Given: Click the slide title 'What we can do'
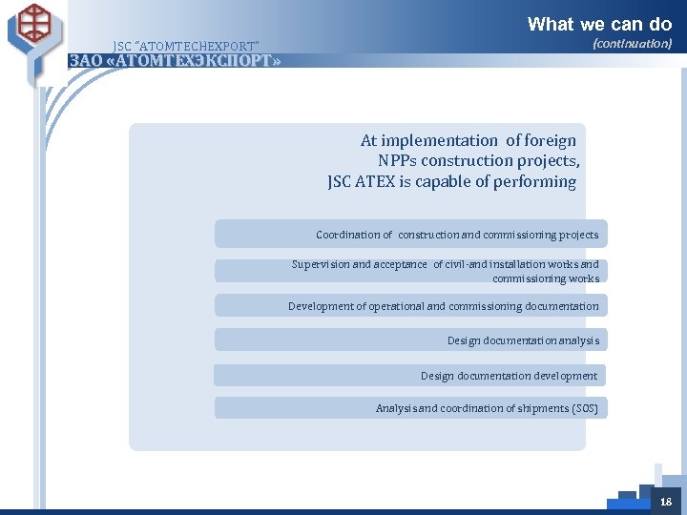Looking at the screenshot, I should [599, 24].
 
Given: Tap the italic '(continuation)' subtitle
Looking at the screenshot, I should [632, 44].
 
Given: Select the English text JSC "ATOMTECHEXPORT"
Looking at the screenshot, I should [185, 45].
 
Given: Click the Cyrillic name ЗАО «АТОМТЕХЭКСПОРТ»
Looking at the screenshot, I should [176, 61].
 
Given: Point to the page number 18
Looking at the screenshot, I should [665, 502].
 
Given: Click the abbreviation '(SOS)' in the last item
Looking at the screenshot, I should [584, 408].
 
